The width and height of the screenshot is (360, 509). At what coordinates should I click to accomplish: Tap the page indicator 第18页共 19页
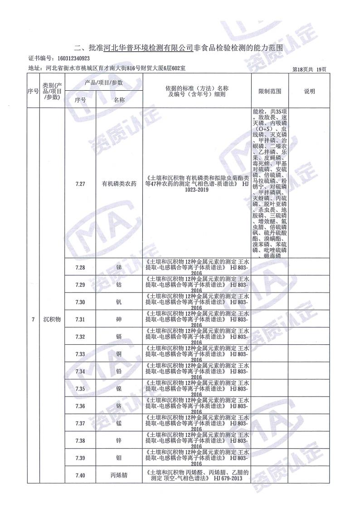click(x=309, y=69)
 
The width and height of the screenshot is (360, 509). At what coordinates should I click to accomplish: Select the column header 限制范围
click(x=270, y=91)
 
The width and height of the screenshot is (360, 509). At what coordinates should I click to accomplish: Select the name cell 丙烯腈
click(x=119, y=475)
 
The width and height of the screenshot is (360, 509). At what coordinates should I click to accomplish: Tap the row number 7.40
click(x=80, y=475)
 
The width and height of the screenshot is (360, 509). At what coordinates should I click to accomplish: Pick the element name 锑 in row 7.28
click(x=119, y=267)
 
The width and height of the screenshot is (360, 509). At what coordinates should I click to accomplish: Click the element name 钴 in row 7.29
click(x=119, y=284)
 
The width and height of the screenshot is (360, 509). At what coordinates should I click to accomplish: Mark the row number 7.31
click(x=80, y=319)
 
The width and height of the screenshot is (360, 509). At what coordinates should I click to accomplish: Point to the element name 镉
click(x=119, y=337)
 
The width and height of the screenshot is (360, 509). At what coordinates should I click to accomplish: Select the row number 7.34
click(x=80, y=372)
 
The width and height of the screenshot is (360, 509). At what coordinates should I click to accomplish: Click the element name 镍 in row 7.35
click(x=119, y=389)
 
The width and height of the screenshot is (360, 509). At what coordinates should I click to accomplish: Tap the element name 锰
click(x=119, y=423)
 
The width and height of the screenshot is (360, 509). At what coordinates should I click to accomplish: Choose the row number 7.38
click(x=80, y=440)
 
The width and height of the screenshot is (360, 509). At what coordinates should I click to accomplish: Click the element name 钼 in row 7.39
click(x=119, y=458)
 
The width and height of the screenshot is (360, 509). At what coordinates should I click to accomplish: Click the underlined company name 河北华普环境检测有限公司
click(x=148, y=47)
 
